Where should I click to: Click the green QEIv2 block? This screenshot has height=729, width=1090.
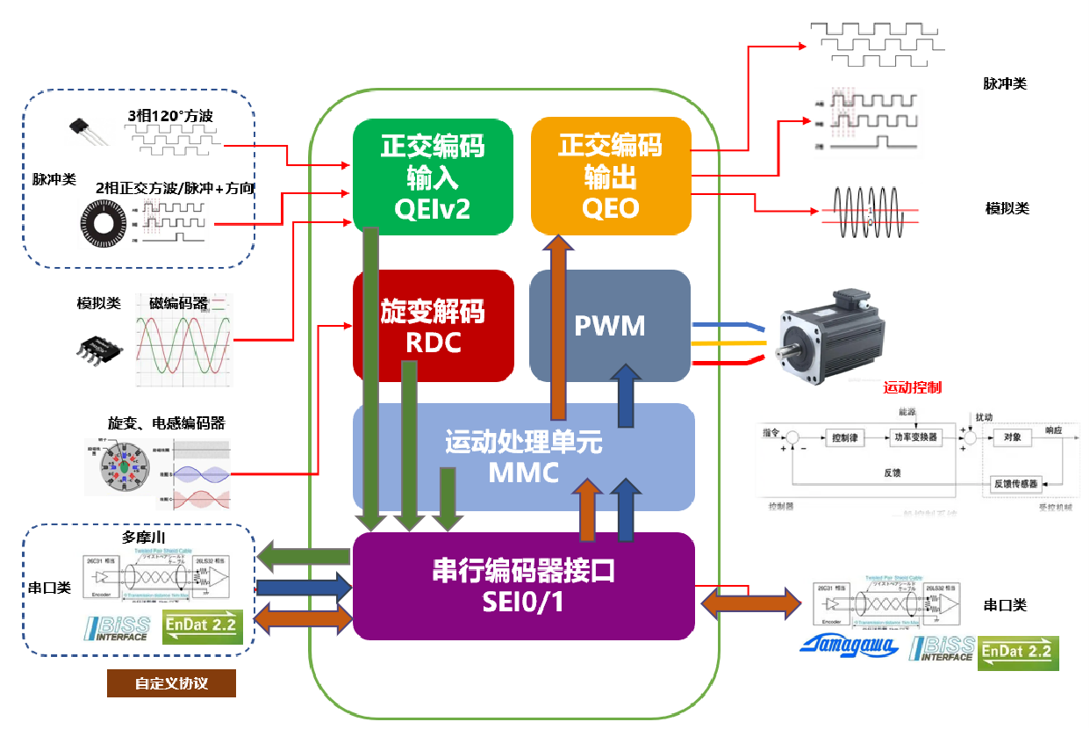pos(432,176)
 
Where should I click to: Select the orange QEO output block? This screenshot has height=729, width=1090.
pos(611,176)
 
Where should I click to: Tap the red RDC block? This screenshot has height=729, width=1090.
pos(433,326)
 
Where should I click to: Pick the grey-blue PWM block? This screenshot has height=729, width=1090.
pos(610,326)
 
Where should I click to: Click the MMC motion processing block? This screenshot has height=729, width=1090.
pos(523,457)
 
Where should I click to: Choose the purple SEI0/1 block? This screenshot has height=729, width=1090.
pos(523,586)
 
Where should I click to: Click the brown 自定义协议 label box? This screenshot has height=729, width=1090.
pos(171,683)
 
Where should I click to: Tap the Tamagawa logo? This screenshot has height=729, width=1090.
pos(849,647)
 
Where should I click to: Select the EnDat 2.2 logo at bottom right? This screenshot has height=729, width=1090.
pos(1019,653)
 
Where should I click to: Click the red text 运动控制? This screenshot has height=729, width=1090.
pos(913,387)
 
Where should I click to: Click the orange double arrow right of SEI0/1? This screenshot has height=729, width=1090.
pos(752,602)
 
